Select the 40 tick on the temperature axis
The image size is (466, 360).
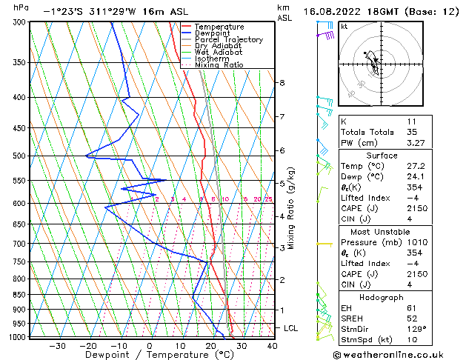tap(272, 345)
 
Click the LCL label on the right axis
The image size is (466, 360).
tap(291, 328)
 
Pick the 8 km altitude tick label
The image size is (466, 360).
tap(282, 83)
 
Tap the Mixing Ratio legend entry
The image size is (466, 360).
tap(219, 65)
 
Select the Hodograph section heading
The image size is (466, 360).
tap(382, 297)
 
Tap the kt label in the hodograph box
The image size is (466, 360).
tap(344, 27)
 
